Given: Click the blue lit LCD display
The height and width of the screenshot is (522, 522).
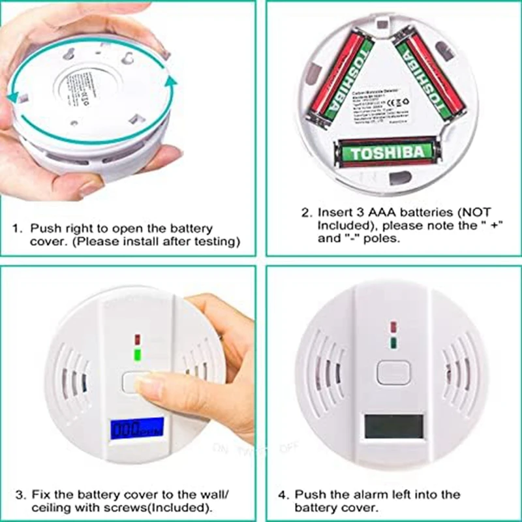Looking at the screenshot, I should [x=137, y=428].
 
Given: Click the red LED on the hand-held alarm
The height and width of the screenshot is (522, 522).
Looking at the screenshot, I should [x=137, y=340].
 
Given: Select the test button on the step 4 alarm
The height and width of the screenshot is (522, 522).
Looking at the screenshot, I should [x=392, y=372].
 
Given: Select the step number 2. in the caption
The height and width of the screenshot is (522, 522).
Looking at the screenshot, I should [x=306, y=213].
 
